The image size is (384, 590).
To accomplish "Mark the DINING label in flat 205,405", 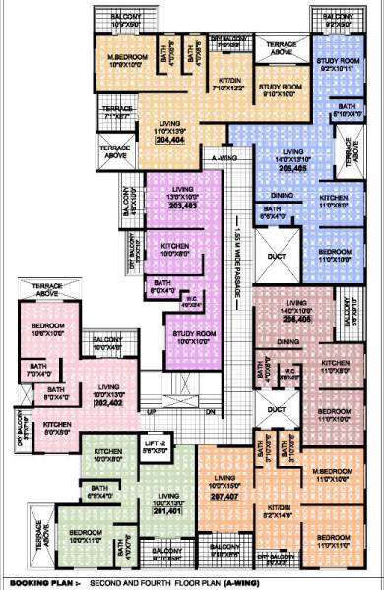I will (x=282, y=196).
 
